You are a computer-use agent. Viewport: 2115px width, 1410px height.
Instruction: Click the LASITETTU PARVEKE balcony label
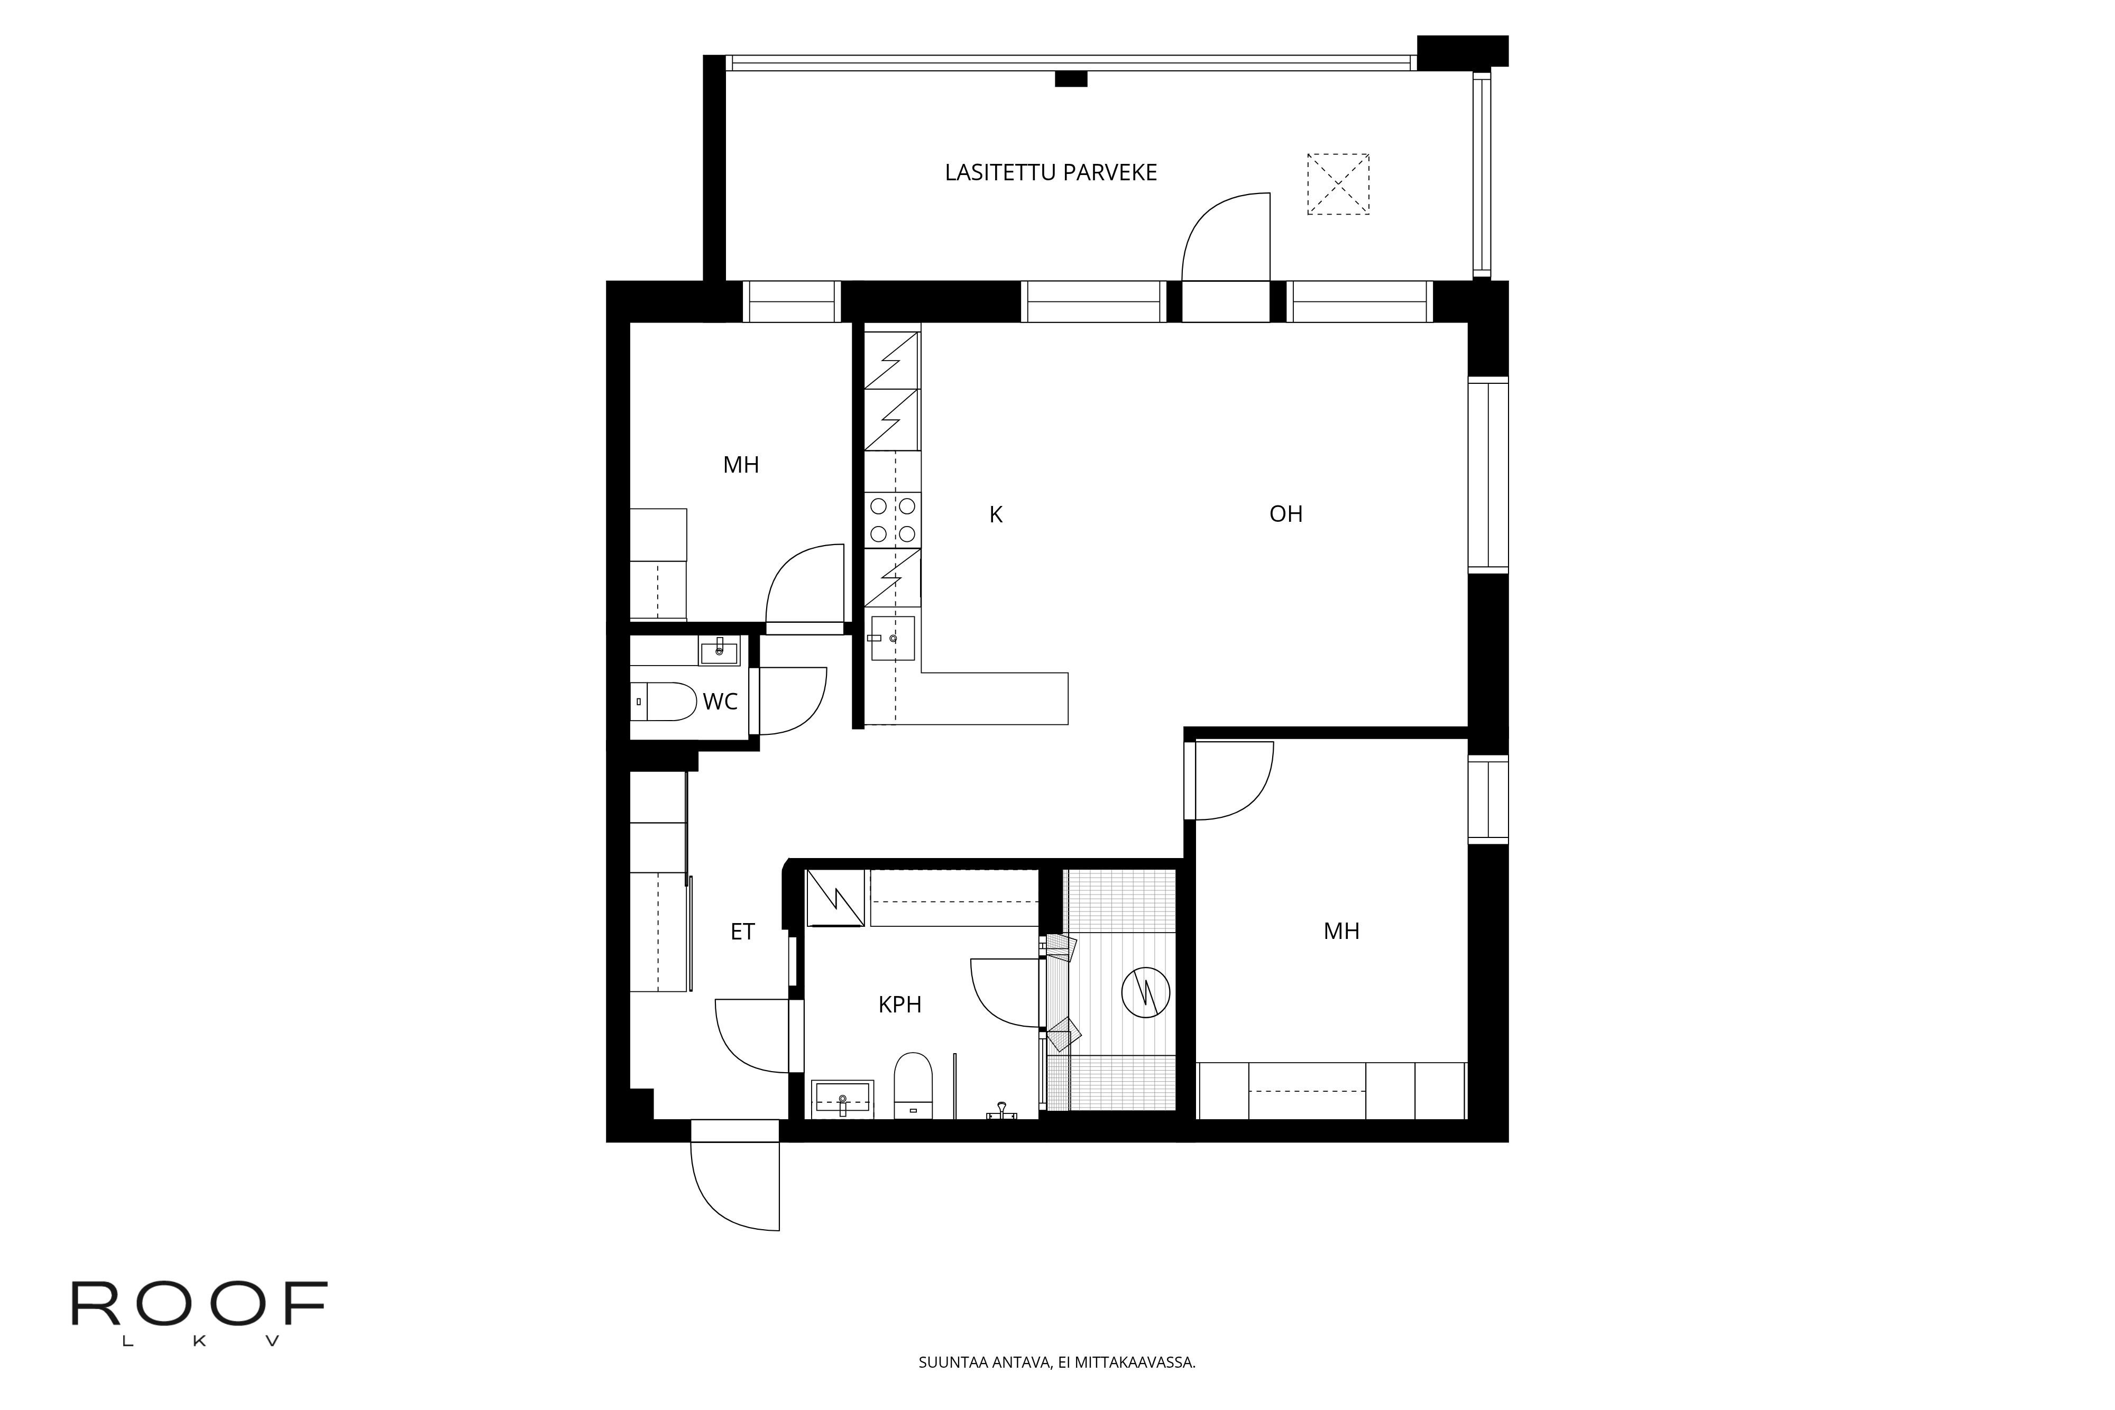pos(1050,173)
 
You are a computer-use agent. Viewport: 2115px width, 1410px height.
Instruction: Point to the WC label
pos(720,702)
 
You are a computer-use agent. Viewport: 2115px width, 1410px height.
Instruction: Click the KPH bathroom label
pos(900,1004)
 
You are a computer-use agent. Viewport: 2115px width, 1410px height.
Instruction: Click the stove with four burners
pos(892,520)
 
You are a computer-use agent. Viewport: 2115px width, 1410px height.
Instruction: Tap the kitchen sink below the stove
pos(892,639)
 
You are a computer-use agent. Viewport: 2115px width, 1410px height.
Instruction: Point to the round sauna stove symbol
pos(1146,992)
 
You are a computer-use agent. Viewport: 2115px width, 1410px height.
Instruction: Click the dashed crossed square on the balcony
pos(1338,185)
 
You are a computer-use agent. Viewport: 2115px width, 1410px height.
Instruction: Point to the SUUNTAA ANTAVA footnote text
pos(1056,1362)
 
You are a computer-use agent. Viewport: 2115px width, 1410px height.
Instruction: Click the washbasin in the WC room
pos(720,650)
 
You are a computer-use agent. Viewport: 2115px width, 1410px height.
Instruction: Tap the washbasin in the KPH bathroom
pos(843,1099)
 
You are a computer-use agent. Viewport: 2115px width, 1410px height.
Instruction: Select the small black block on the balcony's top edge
pos(1071,79)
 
